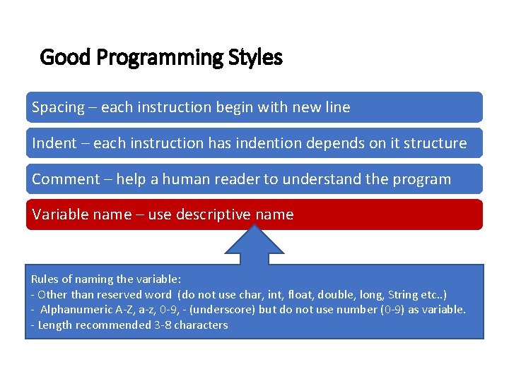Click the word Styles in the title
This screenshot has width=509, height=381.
pyautogui.click(x=255, y=57)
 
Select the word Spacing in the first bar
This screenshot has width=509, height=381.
pyautogui.click(x=58, y=108)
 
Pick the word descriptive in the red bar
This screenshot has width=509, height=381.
pyautogui.click(x=211, y=214)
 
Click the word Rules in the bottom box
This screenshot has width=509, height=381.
pyautogui.click(x=45, y=279)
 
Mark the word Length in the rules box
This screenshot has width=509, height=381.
pyautogui.click(x=54, y=325)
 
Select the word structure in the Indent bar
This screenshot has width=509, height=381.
pyautogui.click(x=435, y=143)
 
